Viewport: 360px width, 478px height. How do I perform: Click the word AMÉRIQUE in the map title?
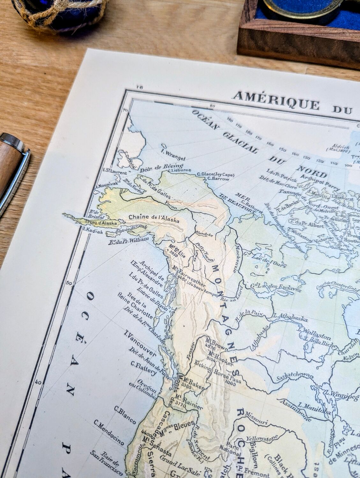276,101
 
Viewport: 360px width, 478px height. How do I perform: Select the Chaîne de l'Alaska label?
154,219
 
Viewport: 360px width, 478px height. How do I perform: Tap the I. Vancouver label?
140,343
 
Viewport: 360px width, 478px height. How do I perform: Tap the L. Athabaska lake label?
290,317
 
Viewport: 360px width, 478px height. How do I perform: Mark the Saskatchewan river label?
295,377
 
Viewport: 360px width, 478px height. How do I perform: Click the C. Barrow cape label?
218,179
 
